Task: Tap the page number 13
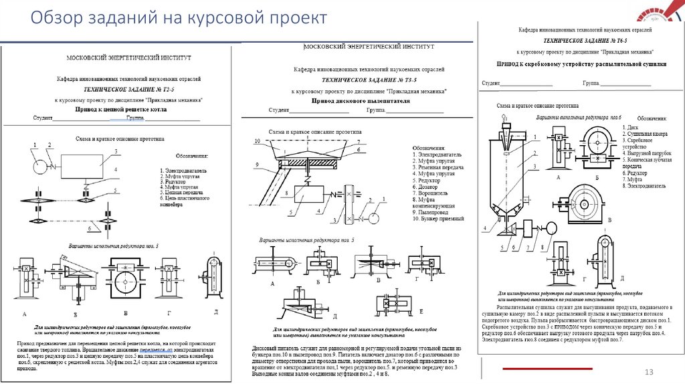pyautogui.click(x=648, y=372)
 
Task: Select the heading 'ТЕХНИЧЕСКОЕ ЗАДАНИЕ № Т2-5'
pyautogui.click(x=120, y=88)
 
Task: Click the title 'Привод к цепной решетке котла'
pyautogui.click(x=120, y=107)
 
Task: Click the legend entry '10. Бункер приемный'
pyautogui.click(x=438, y=218)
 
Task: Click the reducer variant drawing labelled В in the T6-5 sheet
pyautogui.click(x=585, y=204)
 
